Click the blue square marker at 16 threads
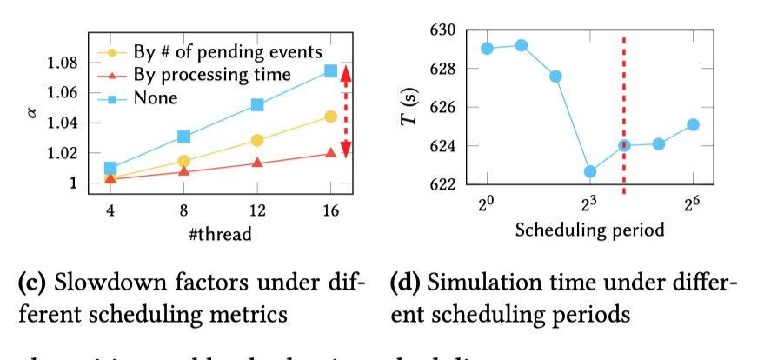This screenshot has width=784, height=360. [x=330, y=70]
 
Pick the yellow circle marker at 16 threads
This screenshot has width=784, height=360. [x=330, y=117]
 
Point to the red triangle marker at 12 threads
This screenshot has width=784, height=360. [x=257, y=163]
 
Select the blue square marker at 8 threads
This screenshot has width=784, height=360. [x=183, y=137]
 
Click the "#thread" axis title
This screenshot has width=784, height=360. [x=221, y=233]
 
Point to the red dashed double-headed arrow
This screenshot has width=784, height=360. [x=345, y=112]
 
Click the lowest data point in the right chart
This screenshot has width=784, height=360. [x=590, y=172]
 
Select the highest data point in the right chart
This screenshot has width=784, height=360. [x=522, y=45]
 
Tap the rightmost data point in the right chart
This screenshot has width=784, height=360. [x=693, y=124]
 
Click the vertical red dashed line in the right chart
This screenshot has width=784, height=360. [x=624, y=113]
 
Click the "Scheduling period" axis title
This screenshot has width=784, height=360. [x=589, y=230]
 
